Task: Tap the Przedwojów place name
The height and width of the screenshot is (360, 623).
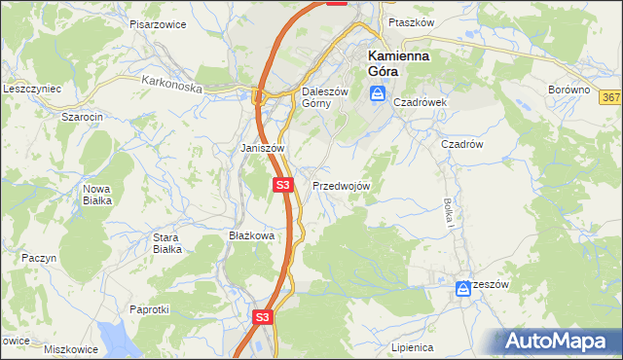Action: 340,185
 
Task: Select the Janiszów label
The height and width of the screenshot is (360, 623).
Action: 262,148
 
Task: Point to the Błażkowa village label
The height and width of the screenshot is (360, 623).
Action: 251,235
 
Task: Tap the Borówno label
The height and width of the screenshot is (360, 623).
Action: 569,90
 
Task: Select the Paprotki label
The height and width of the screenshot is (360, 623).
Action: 149,308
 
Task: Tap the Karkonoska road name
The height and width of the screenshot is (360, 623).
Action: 170,86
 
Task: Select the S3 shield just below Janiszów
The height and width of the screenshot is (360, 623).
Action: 282,184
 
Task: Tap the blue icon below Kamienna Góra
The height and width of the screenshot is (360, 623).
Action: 378,94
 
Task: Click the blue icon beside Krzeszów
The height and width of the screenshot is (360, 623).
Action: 462,288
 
